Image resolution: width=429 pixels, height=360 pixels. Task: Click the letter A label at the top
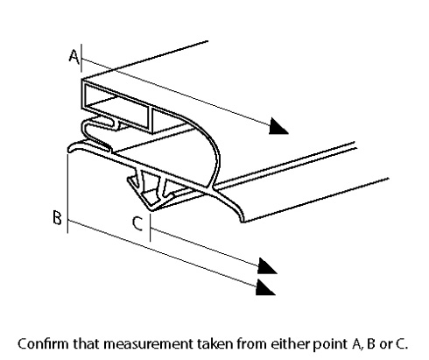pyautogui.click(x=74, y=56)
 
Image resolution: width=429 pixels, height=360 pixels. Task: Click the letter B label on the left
pyautogui.click(x=57, y=217)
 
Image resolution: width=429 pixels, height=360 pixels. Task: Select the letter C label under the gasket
pyautogui.click(x=137, y=223)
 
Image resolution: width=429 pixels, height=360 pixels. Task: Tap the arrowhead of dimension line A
pyautogui.click(x=278, y=126)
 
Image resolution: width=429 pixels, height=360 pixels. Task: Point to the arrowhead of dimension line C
pyautogui.click(x=267, y=266)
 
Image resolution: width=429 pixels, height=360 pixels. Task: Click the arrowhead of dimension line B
pyautogui.click(x=265, y=287)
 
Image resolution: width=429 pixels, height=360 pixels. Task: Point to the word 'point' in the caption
pyautogui.click(x=330, y=344)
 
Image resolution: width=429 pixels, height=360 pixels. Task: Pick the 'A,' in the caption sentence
pyautogui.click(x=357, y=344)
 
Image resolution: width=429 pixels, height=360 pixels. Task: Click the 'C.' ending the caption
pyautogui.click(x=402, y=344)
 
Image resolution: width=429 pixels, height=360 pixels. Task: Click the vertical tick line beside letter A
pyautogui.click(x=81, y=58)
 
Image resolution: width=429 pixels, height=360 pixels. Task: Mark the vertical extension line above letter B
pyautogui.click(x=67, y=194)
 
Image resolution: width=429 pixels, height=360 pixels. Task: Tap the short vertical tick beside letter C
pyautogui.click(x=151, y=228)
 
